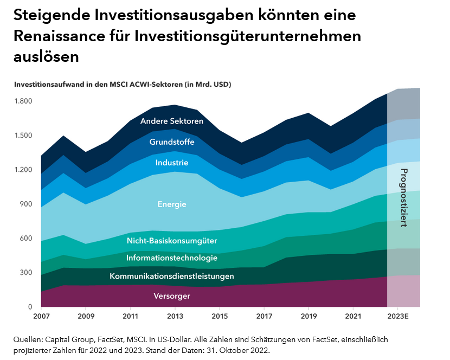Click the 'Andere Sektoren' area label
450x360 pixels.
point(171,121)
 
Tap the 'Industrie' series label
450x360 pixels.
point(171,162)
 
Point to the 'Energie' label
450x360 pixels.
point(171,204)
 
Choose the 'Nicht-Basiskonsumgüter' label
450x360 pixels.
point(171,240)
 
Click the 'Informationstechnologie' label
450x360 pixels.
point(171,258)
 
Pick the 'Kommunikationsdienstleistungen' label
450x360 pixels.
point(171,276)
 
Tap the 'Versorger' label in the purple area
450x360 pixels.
point(171,296)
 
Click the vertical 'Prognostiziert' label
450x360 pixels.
point(403,198)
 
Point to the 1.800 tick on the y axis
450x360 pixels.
point(23,101)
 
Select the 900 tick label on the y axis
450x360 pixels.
point(27,204)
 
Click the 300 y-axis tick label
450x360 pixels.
point(27,273)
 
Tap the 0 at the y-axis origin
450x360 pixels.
point(31,307)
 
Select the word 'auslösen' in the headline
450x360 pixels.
point(45,56)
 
